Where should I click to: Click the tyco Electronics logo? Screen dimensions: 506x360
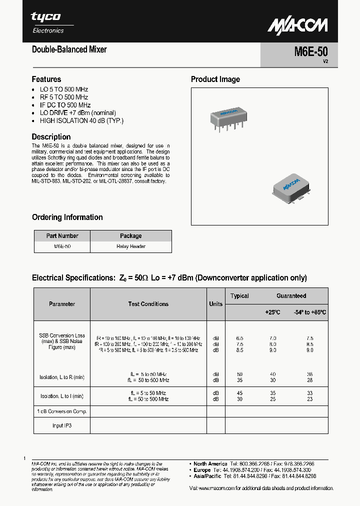pyautogui.click(x=47, y=22)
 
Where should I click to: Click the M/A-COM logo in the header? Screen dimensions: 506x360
pyautogui.click(x=297, y=25)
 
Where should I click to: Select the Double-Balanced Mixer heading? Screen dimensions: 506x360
pyautogui.click(x=69, y=49)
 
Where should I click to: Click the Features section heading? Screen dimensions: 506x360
pyautogui.click(x=46, y=79)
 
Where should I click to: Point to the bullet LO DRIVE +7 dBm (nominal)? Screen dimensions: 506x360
pyautogui.click(x=77, y=113)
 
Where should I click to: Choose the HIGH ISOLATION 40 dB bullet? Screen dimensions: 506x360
pyautogui.click(x=81, y=120)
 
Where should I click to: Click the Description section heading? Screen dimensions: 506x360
pyautogui.click(x=51, y=136)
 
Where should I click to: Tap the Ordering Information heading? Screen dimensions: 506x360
pyautogui.click(x=67, y=217)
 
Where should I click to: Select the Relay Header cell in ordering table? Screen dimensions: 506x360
pyautogui.click(x=130, y=246)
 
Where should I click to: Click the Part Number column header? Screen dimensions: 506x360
pyautogui.click(x=62, y=236)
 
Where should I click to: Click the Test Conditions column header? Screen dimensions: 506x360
pyautogui.click(x=148, y=304)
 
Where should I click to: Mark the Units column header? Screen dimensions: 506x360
pyautogui.click(x=215, y=304)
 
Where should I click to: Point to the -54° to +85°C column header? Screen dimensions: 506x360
pyautogui.click(x=309, y=312)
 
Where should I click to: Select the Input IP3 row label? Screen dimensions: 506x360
pyautogui.click(x=62, y=425)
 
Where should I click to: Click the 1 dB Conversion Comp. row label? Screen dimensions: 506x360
pyautogui.click(x=62, y=411)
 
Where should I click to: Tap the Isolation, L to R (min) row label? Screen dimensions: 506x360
pyautogui.click(x=62, y=377)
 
